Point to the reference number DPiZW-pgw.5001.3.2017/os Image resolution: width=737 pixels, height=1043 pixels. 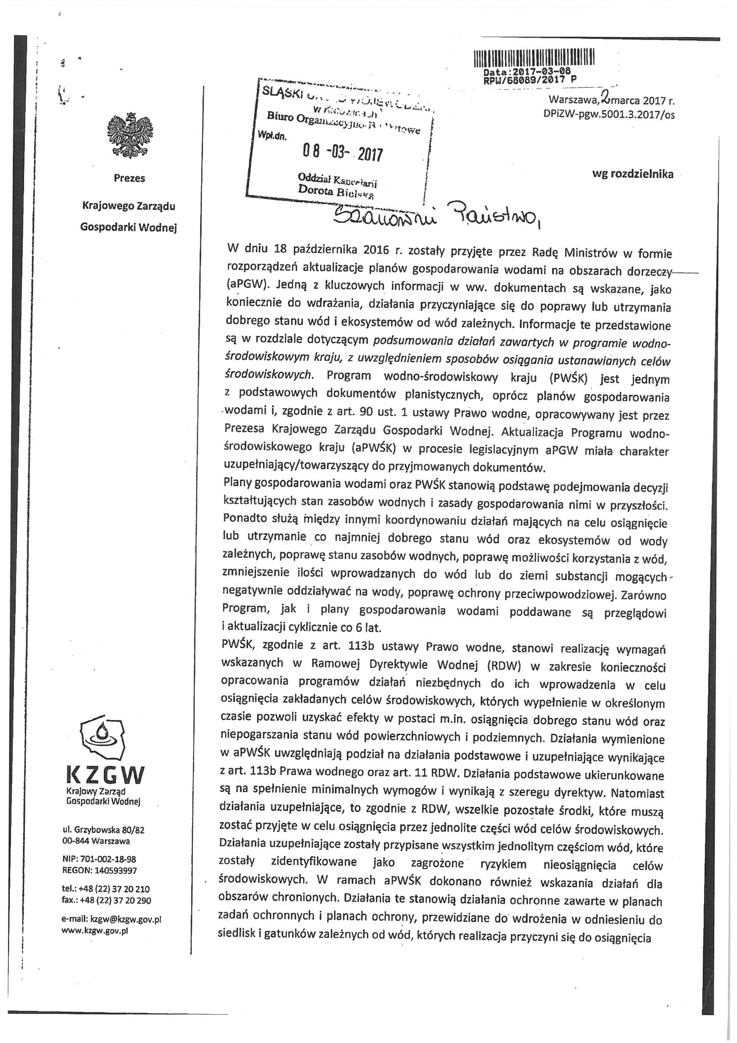coord(609,115)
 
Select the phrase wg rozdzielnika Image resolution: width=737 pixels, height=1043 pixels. coord(633,174)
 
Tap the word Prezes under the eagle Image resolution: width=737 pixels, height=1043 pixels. coord(129,178)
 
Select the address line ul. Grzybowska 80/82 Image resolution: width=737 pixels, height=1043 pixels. coord(104,830)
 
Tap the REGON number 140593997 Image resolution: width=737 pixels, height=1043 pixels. coord(115,870)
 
